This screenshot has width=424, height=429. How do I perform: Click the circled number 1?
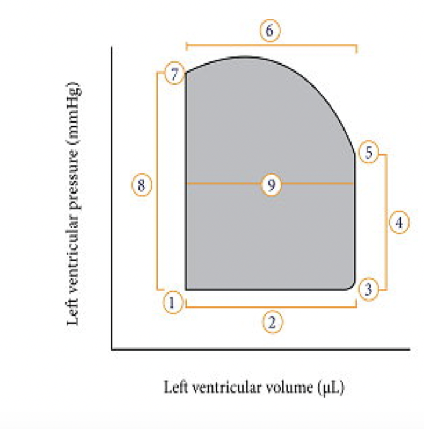pyautogui.click(x=172, y=303)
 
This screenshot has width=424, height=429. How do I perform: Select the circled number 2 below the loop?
pyautogui.click(x=272, y=322)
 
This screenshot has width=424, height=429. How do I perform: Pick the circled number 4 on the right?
pyautogui.click(x=399, y=222)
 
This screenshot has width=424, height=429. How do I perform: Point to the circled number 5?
pyautogui.click(x=369, y=153)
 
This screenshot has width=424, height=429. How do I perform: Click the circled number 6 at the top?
pyautogui.click(x=270, y=31)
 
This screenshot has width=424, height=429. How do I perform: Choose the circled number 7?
pyautogui.click(x=174, y=74)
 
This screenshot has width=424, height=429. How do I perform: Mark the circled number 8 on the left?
pyautogui.click(x=142, y=186)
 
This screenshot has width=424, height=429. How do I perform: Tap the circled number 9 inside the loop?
pyautogui.click(x=272, y=185)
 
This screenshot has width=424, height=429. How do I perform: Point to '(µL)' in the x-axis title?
pyautogui.click(x=327, y=388)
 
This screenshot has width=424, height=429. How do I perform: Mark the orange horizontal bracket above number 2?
pyautogui.click(x=225, y=308)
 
